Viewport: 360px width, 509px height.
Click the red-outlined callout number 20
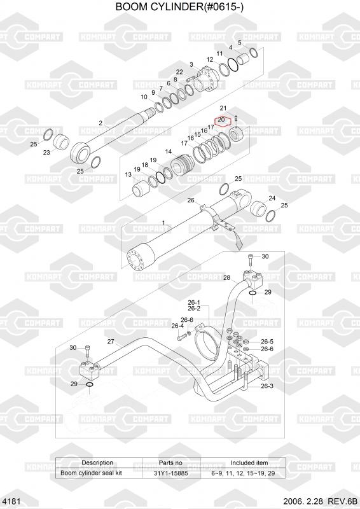(222, 120)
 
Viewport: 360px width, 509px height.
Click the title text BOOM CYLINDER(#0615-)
(179, 7)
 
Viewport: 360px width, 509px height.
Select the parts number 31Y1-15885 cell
(170, 473)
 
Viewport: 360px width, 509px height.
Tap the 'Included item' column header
(249, 463)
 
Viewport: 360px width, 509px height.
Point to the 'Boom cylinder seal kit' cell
(91, 473)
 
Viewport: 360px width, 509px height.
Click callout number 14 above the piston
(169, 151)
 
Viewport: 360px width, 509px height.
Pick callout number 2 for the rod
(100, 123)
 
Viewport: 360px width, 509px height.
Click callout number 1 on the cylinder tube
(163, 223)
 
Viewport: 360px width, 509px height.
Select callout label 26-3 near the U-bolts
(267, 386)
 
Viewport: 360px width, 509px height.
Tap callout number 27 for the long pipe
(111, 341)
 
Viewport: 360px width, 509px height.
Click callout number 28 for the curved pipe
(226, 277)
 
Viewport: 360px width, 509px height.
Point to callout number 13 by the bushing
(128, 174)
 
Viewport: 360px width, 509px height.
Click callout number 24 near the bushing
(272, 198)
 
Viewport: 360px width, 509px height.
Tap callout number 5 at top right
(240, 43)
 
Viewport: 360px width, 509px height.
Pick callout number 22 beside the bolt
(179, 72)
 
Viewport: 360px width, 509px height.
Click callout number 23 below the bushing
(46, 152)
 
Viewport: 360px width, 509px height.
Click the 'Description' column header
(97, 463)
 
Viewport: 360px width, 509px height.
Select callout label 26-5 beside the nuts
(267, 342)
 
